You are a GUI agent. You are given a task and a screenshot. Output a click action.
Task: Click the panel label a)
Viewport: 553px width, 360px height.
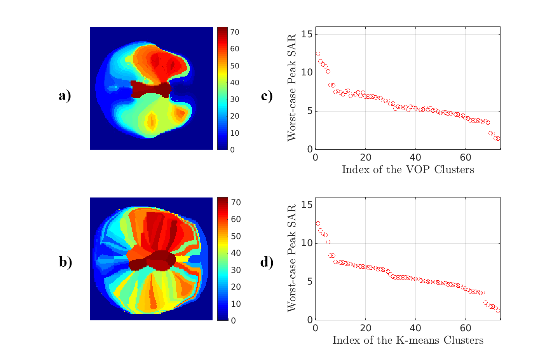pos(65,96)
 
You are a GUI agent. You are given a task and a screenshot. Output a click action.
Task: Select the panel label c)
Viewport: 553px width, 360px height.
pos(267,96)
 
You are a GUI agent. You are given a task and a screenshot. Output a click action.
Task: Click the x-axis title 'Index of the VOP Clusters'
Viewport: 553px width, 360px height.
pos(408,170)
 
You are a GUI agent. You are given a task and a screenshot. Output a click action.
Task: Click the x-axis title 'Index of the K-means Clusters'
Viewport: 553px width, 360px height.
pos(408,341)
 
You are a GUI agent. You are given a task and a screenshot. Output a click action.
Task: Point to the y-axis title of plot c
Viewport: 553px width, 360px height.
pos(291,87)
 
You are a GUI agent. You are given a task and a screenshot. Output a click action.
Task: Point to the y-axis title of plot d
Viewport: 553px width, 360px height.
pos(291,258)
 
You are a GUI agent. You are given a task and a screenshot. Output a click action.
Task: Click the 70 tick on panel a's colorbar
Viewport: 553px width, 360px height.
pos(235,32)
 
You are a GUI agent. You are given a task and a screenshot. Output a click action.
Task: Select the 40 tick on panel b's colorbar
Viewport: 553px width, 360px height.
pos(236,253)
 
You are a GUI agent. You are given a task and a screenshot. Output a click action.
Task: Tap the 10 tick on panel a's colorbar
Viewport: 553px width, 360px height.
pos(235,133)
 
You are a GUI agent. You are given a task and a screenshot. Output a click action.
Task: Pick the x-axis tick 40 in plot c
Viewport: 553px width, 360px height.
pos(415,157)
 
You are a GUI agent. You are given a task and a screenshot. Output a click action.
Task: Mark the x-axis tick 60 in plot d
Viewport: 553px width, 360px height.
pos(466,328)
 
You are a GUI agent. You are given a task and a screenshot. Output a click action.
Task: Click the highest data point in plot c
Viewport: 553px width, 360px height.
pos(318,54)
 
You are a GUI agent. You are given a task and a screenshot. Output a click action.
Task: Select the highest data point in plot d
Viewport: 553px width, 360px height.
pos(318,223)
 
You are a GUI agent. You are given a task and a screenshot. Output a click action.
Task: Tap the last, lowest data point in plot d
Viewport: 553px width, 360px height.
pos(498,311)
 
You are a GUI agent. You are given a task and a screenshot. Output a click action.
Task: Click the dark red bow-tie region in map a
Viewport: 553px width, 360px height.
pos(150,89)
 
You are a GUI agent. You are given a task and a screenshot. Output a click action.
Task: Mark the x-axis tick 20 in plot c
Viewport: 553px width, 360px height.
pos(365,157)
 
